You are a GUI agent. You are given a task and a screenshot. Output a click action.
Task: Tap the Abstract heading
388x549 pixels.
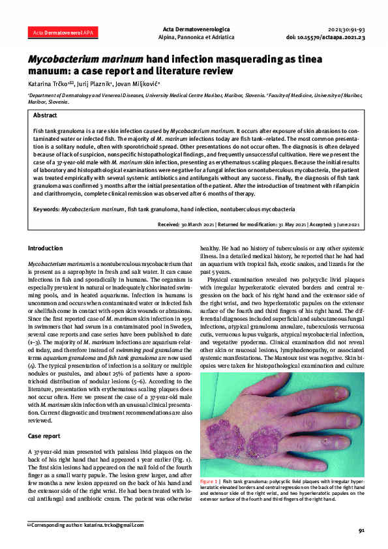(x=45, y=114)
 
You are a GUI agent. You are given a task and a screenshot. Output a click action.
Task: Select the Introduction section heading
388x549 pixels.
(x=45, y=248)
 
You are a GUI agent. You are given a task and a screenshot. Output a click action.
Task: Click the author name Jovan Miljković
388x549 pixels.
(x=135, y=83)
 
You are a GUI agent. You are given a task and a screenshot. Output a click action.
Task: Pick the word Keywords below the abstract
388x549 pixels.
(x=45, y=210)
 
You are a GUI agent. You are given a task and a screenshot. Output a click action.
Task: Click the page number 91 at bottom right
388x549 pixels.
(x=362, y=531)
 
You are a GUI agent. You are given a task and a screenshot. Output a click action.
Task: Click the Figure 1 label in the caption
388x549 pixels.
(x=211, y=481)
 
